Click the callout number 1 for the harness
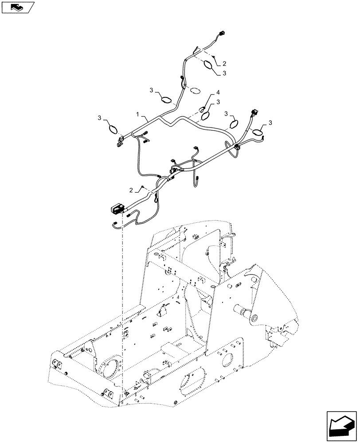pyautogui.click(x=138, y=114)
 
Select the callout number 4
pyautogui.click(x=218, y=93)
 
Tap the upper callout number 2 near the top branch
pyautogui.click(x=224, y=63)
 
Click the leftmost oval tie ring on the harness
pyautogui.click(x=113, y=129)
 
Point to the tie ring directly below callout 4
pyautogui.click(x=206, y=116)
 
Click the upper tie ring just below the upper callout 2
pyautogui.click(x=209, y=66)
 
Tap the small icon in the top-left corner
pyautogui.click(x=17, y=7)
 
